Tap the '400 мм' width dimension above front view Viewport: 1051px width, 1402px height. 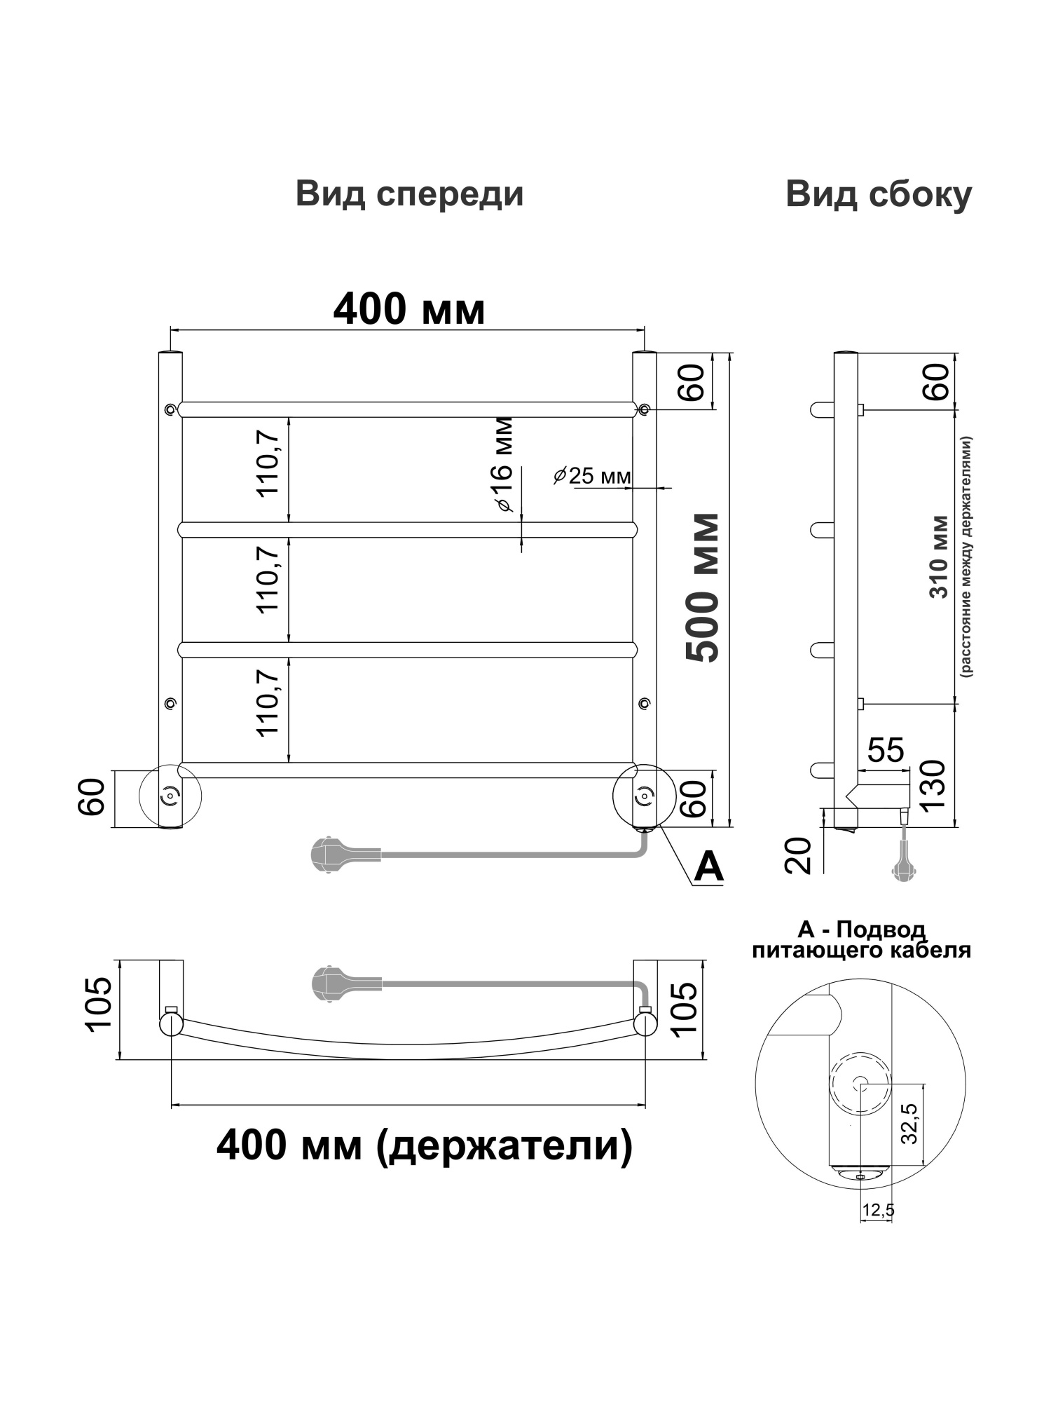point(409,309)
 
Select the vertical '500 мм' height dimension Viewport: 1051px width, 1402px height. point(703,587)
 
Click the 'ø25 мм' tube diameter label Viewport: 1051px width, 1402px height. point(591,476)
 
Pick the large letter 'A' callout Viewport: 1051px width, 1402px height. point(708,868)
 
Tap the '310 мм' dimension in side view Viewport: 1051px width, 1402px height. point(939,557)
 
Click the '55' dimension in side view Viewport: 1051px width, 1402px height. point(886,750)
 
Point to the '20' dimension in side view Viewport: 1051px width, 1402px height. point(798,855)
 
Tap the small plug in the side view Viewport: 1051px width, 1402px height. point(902,869)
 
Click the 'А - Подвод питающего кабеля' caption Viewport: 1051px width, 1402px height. point(861,940)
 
